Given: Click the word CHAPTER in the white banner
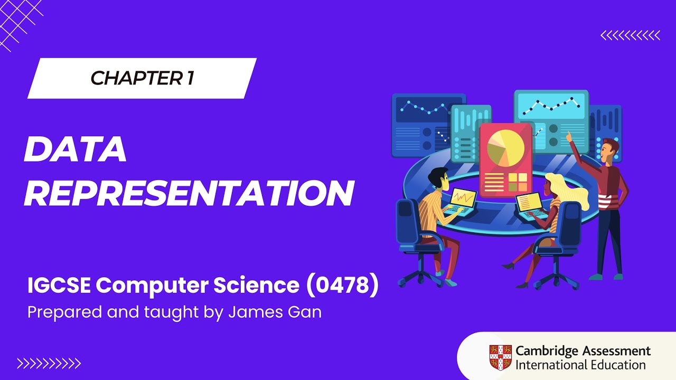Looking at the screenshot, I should (135, 78).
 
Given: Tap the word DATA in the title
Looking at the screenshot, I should (75, 149).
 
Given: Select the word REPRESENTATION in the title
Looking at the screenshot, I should (188, 193).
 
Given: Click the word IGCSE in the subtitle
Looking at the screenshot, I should (59, 286).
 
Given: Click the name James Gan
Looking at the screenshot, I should (275, 312).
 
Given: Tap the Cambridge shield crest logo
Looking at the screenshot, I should (500, 357).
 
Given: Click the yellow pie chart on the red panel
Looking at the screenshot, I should (505, 147).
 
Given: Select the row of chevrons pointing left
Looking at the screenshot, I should (630, 35).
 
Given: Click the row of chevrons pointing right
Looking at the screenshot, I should (49, 363).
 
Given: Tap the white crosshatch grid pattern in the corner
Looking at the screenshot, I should (18, 21).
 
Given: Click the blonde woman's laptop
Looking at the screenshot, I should (530, 204).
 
